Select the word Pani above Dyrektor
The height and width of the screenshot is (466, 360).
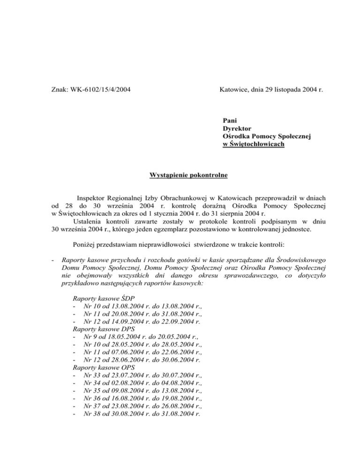(x=231, y=120)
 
